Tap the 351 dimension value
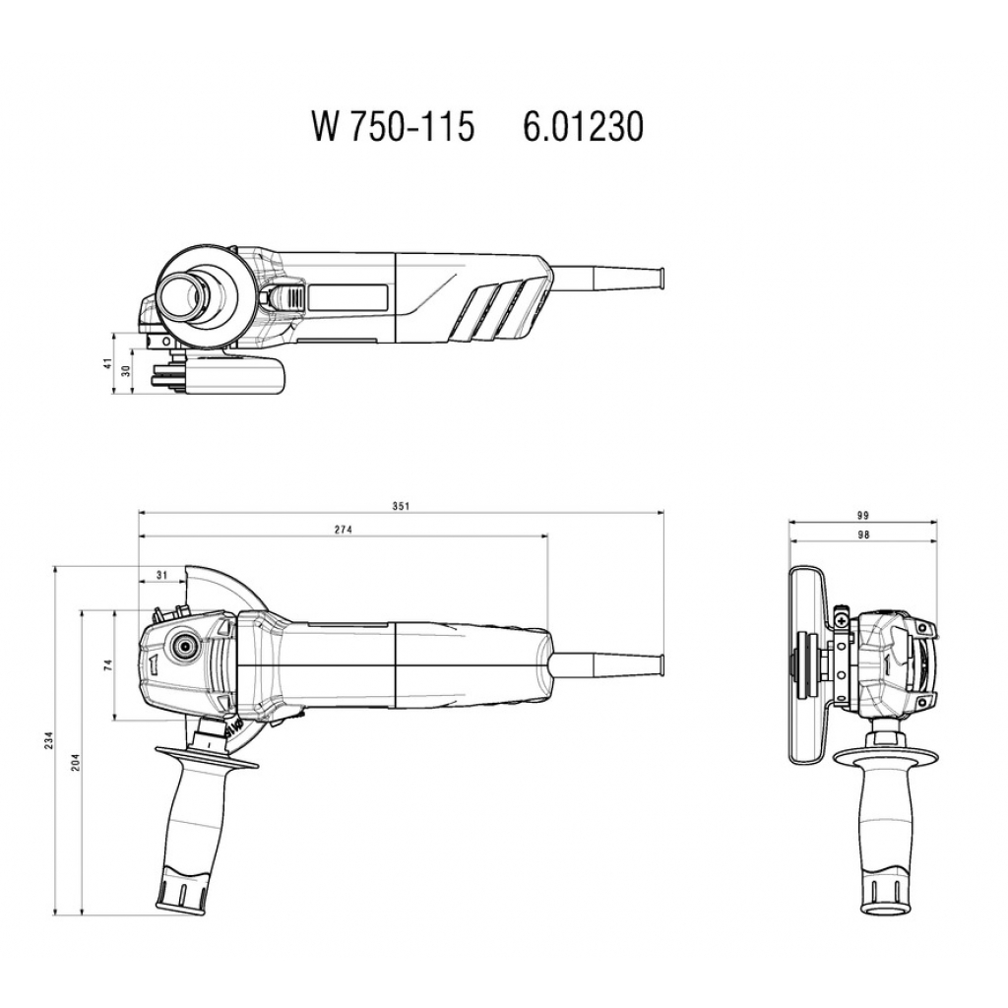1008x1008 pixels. [402, 506]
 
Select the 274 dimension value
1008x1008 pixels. [344, 530]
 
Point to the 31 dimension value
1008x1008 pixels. [162, 575]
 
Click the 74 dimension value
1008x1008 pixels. [108, 664]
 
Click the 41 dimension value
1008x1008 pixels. [107, 363]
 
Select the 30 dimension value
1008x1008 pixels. [126, 371]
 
